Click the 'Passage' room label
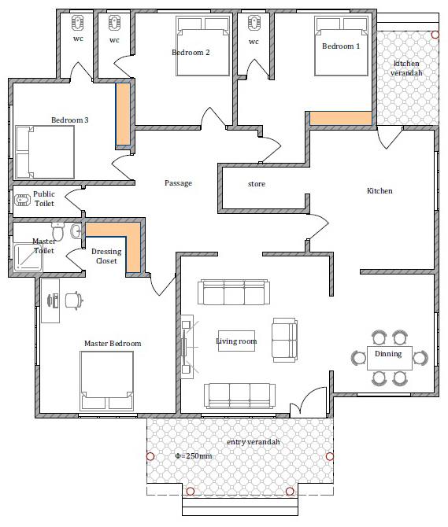pos(178,183)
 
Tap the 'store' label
pos(257,184)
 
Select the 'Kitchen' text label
pos(380,191)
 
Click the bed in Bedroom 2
pos(203,46)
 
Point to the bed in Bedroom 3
pos(45,153)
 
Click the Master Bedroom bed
pos(106,381)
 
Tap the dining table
pos(390,358)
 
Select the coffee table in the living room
pos(236,341)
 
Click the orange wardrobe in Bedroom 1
pos(341,118)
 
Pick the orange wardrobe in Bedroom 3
pos(123,114)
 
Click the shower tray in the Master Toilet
pos(28,257)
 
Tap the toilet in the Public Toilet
pos(23,201)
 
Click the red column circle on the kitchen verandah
pos(435,35)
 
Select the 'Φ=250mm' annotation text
pos(194,456)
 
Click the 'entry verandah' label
pos(254,442)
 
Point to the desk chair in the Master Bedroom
pos(74,300)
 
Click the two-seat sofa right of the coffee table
pos(284,340)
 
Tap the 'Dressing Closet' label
pos(106,256)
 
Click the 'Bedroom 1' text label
pos(341,46)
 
